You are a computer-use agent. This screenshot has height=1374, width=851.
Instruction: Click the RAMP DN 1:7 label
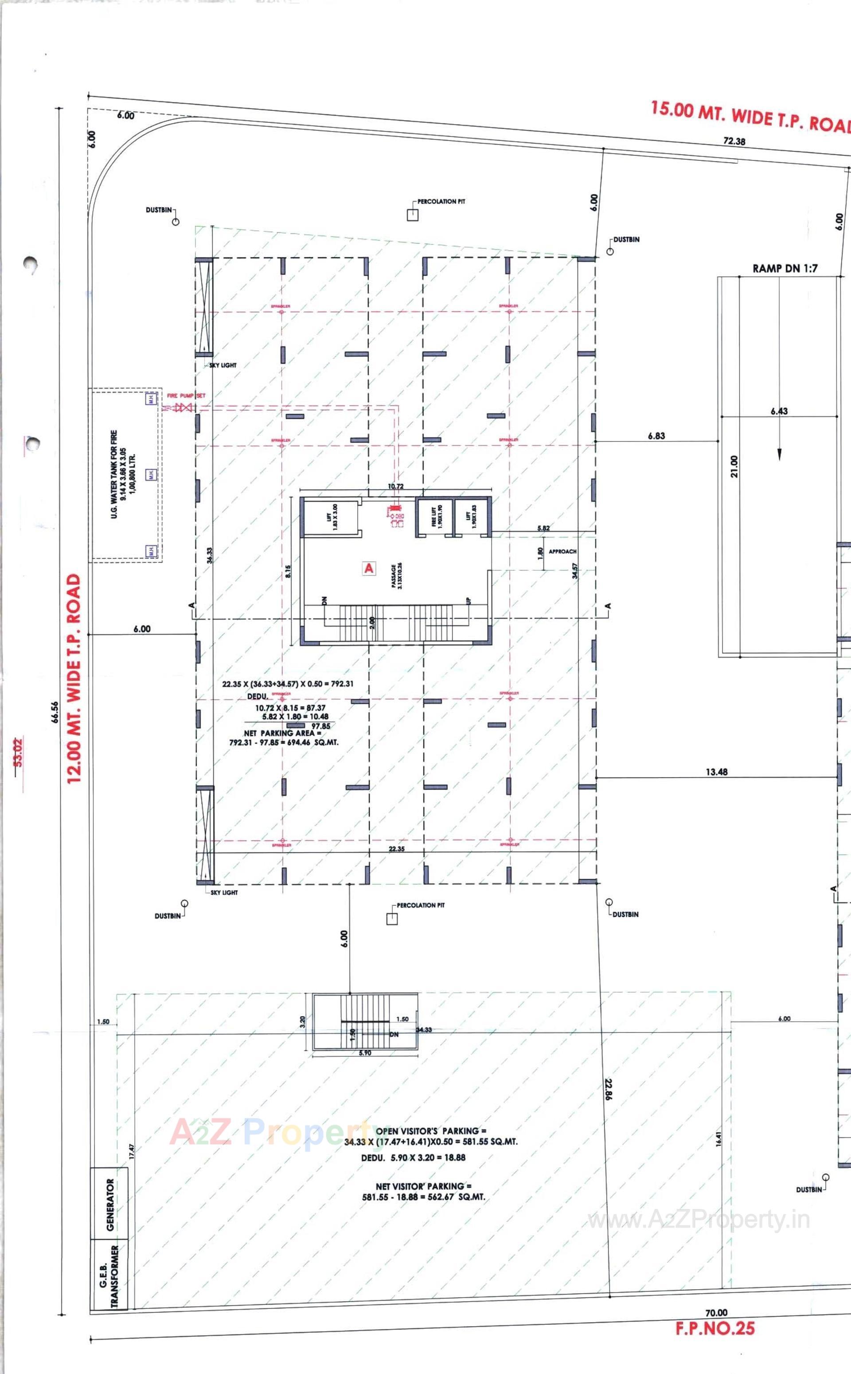(x=785, y=269)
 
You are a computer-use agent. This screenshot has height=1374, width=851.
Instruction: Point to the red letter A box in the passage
(x=369, y=568)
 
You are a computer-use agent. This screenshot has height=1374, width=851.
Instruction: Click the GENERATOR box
(x=110, y=1205)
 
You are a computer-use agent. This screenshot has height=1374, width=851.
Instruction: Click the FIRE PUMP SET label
(x=186, y=396)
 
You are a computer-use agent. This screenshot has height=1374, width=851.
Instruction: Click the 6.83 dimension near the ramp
(x=656, y=436)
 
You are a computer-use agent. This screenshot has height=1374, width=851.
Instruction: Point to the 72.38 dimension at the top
(x=734, y=141)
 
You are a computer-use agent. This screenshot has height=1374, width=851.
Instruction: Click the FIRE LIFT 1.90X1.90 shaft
(x=433, y=515)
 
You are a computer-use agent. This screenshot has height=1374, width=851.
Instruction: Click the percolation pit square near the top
(x=413, y=215)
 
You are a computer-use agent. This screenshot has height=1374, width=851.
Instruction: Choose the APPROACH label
(x=562, y=551)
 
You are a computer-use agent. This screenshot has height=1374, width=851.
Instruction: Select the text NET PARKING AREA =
(x=282, y=733)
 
